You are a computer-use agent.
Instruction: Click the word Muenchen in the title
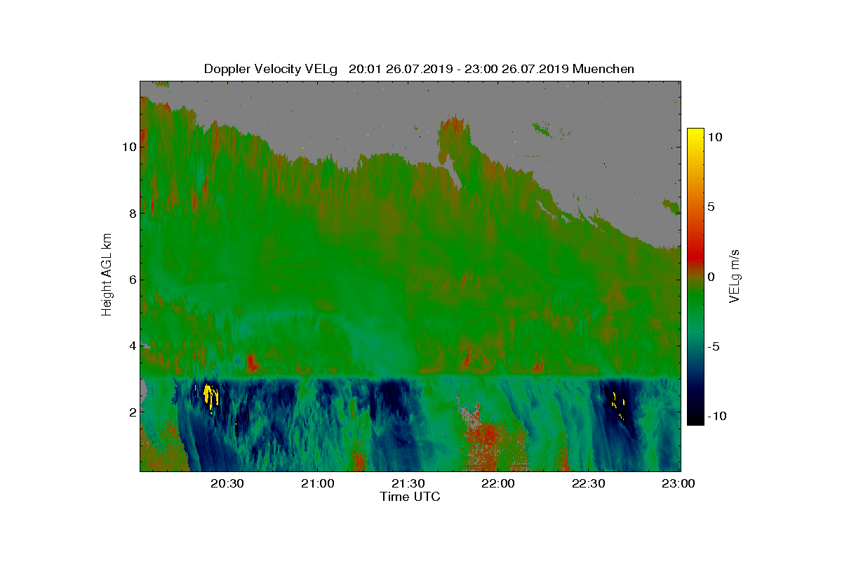coord(603,69)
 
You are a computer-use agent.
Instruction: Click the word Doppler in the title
coord(227,69)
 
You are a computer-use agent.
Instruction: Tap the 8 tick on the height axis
coord(129,213)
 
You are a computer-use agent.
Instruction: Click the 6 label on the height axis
coord(129,280)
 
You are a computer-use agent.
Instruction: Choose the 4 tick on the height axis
coord(129,346)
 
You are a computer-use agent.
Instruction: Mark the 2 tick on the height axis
coord(129,412)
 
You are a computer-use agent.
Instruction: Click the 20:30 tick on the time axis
coord(227,483)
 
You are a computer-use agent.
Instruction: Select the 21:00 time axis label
coord(318,483)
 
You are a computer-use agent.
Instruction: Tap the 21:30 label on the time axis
coord(408,483)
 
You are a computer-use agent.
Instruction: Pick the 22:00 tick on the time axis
coord(499,483)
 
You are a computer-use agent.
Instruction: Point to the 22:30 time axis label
coord(589,483)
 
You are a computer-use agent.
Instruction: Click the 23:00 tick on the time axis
coord(679,483)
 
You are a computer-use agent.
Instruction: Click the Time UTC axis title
coord(410,497)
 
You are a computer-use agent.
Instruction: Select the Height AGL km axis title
coord(107,274)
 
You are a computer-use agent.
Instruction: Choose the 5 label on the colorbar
coord(710,207)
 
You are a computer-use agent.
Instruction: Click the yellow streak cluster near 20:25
coord(209,395)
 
